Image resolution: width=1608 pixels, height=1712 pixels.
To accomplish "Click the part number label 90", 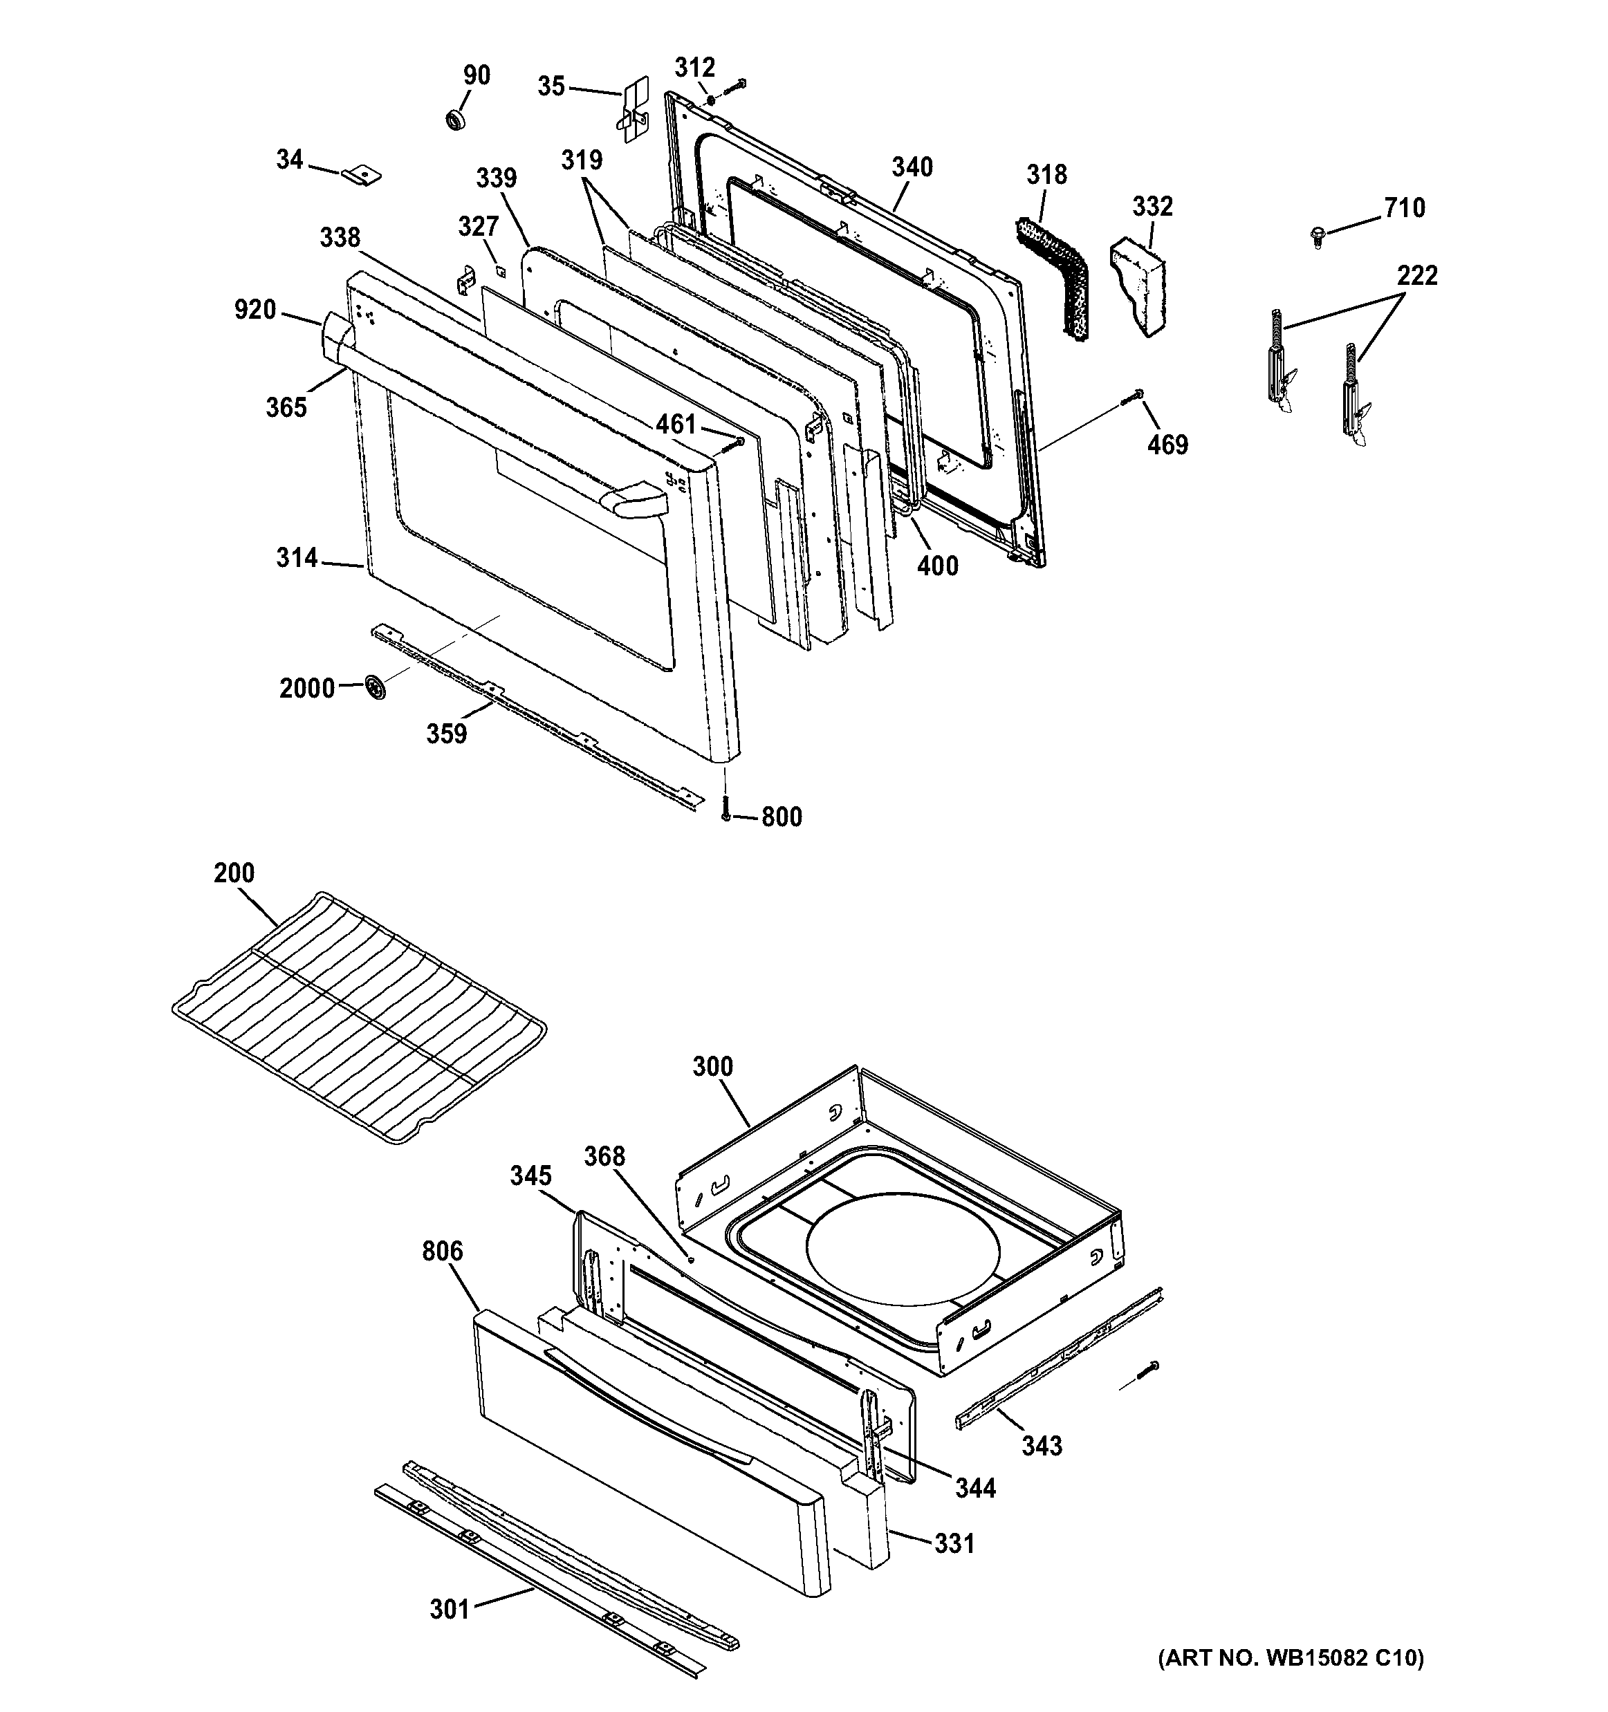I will (x=477, y=76).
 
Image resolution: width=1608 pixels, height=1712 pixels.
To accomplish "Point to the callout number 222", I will (x=1417, y=276).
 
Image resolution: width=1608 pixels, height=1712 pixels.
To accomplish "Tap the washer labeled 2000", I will (x=375, y=688).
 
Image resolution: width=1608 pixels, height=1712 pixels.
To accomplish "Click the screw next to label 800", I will (x=726, y=806).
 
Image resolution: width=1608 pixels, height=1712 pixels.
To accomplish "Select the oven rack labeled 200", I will (x=358, y=1016).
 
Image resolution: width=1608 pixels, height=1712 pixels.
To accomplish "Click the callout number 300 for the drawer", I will (x=712, y=1066).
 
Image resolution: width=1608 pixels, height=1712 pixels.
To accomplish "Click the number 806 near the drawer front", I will (x=442, y=1250).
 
